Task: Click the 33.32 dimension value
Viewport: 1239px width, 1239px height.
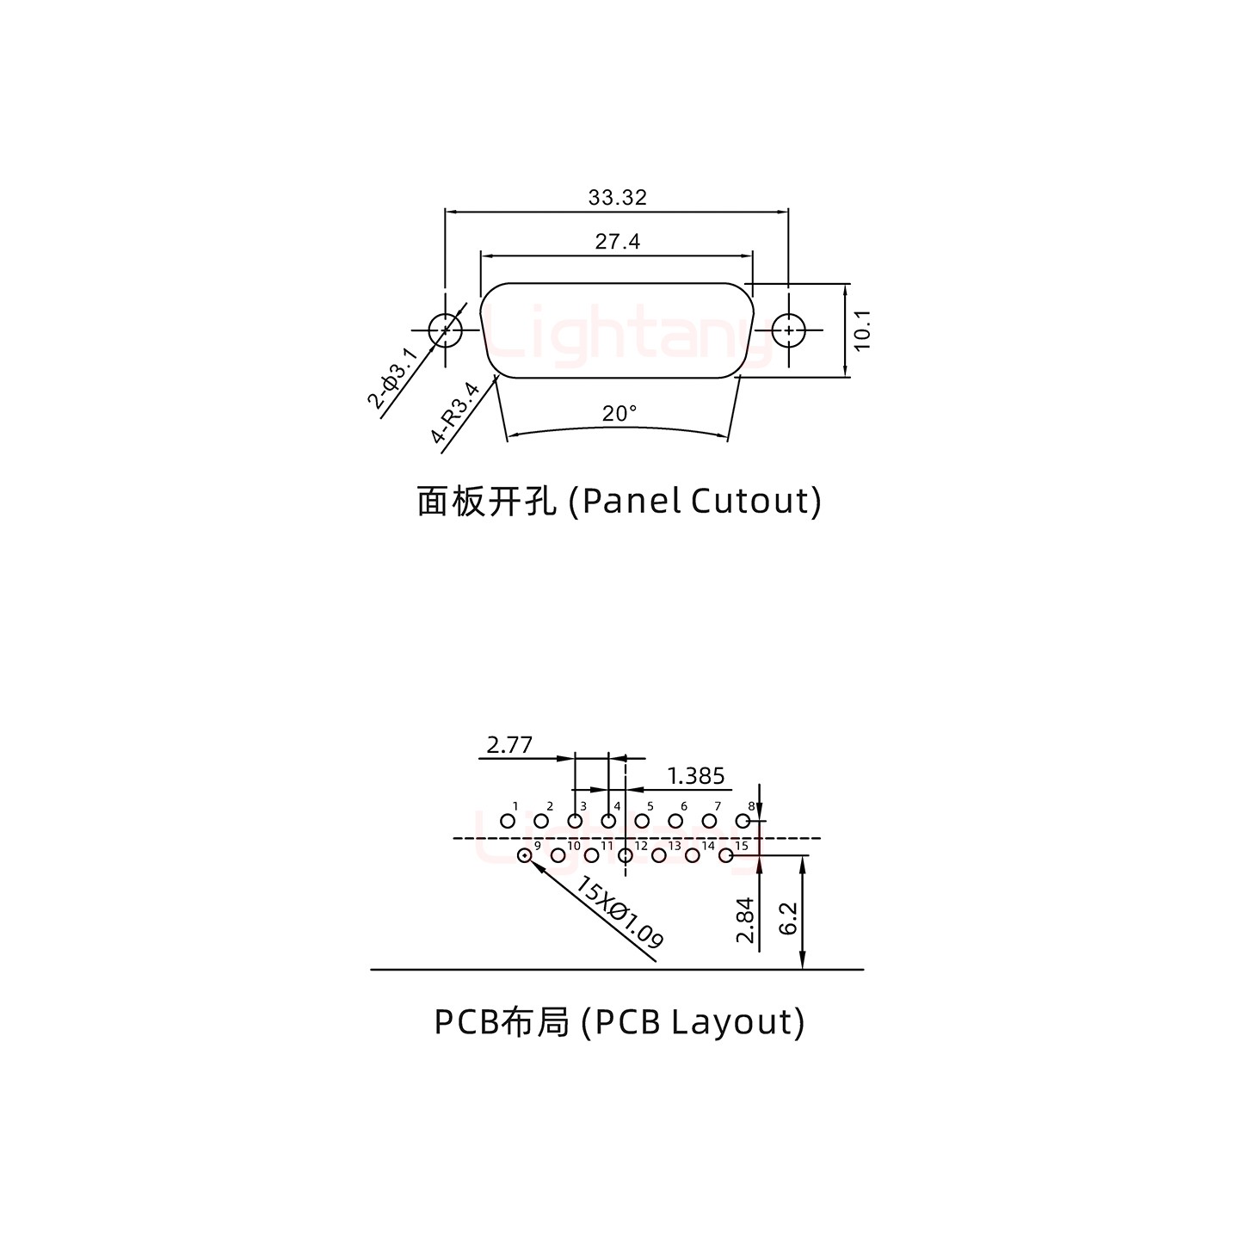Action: tap(617, 198)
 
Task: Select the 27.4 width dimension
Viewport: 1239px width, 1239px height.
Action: tap(617, 242)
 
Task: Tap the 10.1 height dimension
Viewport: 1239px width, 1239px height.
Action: tap(863, 330)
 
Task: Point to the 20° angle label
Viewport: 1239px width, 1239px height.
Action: tap(619, 414)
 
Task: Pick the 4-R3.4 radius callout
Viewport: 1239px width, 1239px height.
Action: tap(456, 414)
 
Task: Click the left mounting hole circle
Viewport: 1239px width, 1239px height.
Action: tap(445, 330)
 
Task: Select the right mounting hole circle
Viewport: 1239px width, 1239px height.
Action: tap(787, 330)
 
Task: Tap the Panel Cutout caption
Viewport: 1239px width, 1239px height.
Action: tap(619, 501)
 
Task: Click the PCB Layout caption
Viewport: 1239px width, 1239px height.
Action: tap(619, 1022)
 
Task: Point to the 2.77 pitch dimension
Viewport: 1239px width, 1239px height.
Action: tap(509, 744)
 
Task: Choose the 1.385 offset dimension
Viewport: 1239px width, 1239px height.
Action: tap(695, 776)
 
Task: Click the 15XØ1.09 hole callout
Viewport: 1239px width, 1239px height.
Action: tap(619, 912)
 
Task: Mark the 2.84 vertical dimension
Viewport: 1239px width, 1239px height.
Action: tap(745, 920)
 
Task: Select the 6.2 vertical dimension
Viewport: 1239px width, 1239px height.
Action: tap(790, 920)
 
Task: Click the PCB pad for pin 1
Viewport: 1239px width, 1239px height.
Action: tap(508, 822)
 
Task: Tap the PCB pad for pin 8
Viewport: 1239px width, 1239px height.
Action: tap(743, 822)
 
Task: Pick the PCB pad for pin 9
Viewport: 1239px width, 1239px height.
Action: tap(524, 855)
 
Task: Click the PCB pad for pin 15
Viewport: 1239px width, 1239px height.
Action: tap(725, 855)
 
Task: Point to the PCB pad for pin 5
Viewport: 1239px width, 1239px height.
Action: tap(642, 822)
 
